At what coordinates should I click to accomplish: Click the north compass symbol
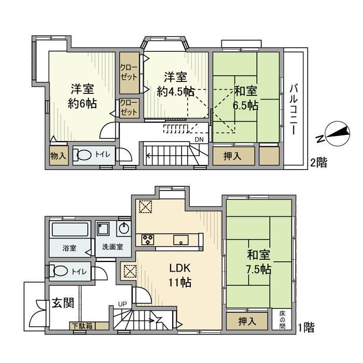click(x=338, y=134)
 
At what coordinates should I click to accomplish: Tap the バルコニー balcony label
click(x=294, y=109)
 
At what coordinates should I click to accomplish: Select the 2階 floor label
click(x=318, y=163)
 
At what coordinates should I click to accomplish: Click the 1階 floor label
click(x=306, y=327)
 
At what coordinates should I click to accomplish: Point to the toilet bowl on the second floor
click(x=82, y=155)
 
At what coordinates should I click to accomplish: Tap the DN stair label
click(x=199, y=139)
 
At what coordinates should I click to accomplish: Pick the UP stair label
click(x=122, y=304)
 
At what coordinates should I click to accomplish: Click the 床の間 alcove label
click(x=282, y=320)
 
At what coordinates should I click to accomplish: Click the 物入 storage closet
click(x=59, y=156)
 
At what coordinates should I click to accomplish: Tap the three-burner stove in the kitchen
click(x=148, y=240)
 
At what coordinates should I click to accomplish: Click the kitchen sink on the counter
click(x=181, y=240)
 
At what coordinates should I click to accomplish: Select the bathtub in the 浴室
click(x=70, y=229)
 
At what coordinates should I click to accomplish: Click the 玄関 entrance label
click(x=63, y=303)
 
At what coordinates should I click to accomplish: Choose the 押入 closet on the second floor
click(x=233, y=156)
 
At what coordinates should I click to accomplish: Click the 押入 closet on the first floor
click(x=247, y=321)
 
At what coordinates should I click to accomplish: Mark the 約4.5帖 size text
click(x=176, y=92)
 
